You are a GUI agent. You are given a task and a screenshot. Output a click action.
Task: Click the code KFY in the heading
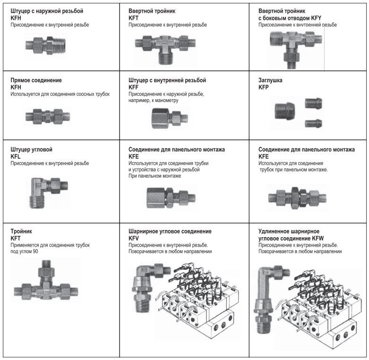[x=316, y=17]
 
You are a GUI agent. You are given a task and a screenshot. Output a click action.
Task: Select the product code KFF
[x=134, y=87]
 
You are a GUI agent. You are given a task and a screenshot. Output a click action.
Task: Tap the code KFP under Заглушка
[x=265, y=87]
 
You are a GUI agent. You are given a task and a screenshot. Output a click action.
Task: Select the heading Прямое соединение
[x=36, y=80]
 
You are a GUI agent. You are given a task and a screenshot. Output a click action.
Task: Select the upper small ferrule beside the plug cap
[x=313, y=103]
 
